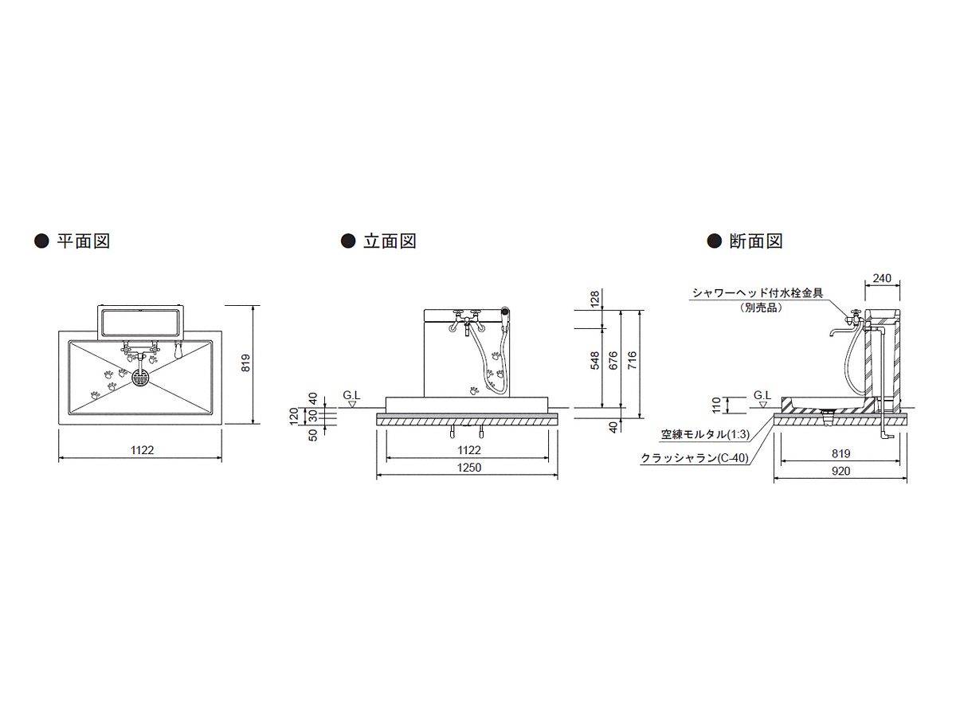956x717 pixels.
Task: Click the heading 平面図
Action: tap(83, 241)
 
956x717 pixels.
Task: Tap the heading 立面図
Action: tap(390, 241)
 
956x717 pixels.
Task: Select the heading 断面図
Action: tap(756, 241)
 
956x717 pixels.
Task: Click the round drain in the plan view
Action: tap(140, 378)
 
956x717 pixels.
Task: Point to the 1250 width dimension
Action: tap(468, 467)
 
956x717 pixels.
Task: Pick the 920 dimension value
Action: tap(840, 471)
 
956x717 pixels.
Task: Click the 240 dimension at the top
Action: tap(882, 278)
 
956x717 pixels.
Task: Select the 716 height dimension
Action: tap(632, 360)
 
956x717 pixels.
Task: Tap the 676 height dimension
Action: tap(613, 360)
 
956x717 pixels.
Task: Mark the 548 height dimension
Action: tap(594, 360)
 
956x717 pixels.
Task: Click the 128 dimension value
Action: tap(594, 299)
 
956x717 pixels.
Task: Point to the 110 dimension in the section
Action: tap(716, 405)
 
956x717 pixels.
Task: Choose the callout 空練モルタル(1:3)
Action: tap(705, 434)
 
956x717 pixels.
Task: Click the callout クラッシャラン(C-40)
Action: tap(695, 457)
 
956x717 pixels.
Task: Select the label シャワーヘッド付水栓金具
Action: tap(758, 293)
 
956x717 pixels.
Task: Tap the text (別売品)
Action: tap(760, 308)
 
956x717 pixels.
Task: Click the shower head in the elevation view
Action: tap(505, 311)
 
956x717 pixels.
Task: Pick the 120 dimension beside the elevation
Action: tap(293, 416)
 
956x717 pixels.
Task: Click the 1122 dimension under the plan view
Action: tap(142, 449)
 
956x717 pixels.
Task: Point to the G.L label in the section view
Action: tap(762, 395)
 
